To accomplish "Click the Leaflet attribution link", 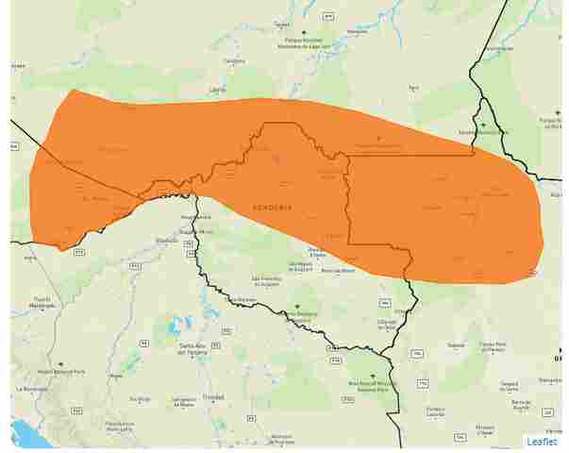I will tap(542, 441).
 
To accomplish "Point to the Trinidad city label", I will tap(213, 397).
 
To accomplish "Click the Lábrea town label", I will tap(218, 89).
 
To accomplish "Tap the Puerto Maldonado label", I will tap(41, 304).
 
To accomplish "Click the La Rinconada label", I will tap(31, 388).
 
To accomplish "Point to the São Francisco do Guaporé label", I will tap(267, 279).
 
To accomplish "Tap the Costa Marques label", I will tap(241, 300).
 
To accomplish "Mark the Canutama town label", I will tap(234, 61).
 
